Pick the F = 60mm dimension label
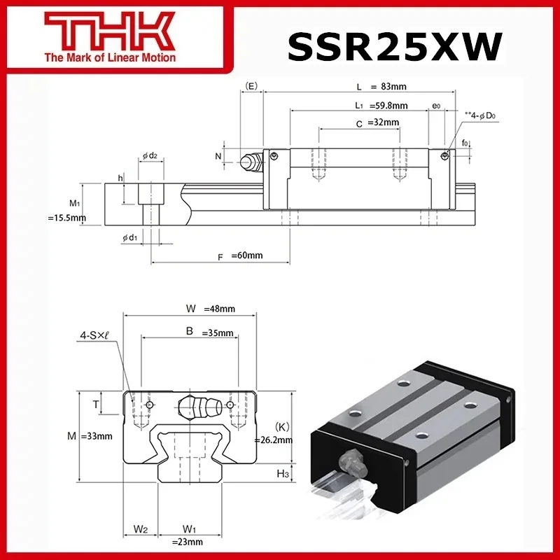(240, 255)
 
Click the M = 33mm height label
(91, 436)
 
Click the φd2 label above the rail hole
(149, 155)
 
